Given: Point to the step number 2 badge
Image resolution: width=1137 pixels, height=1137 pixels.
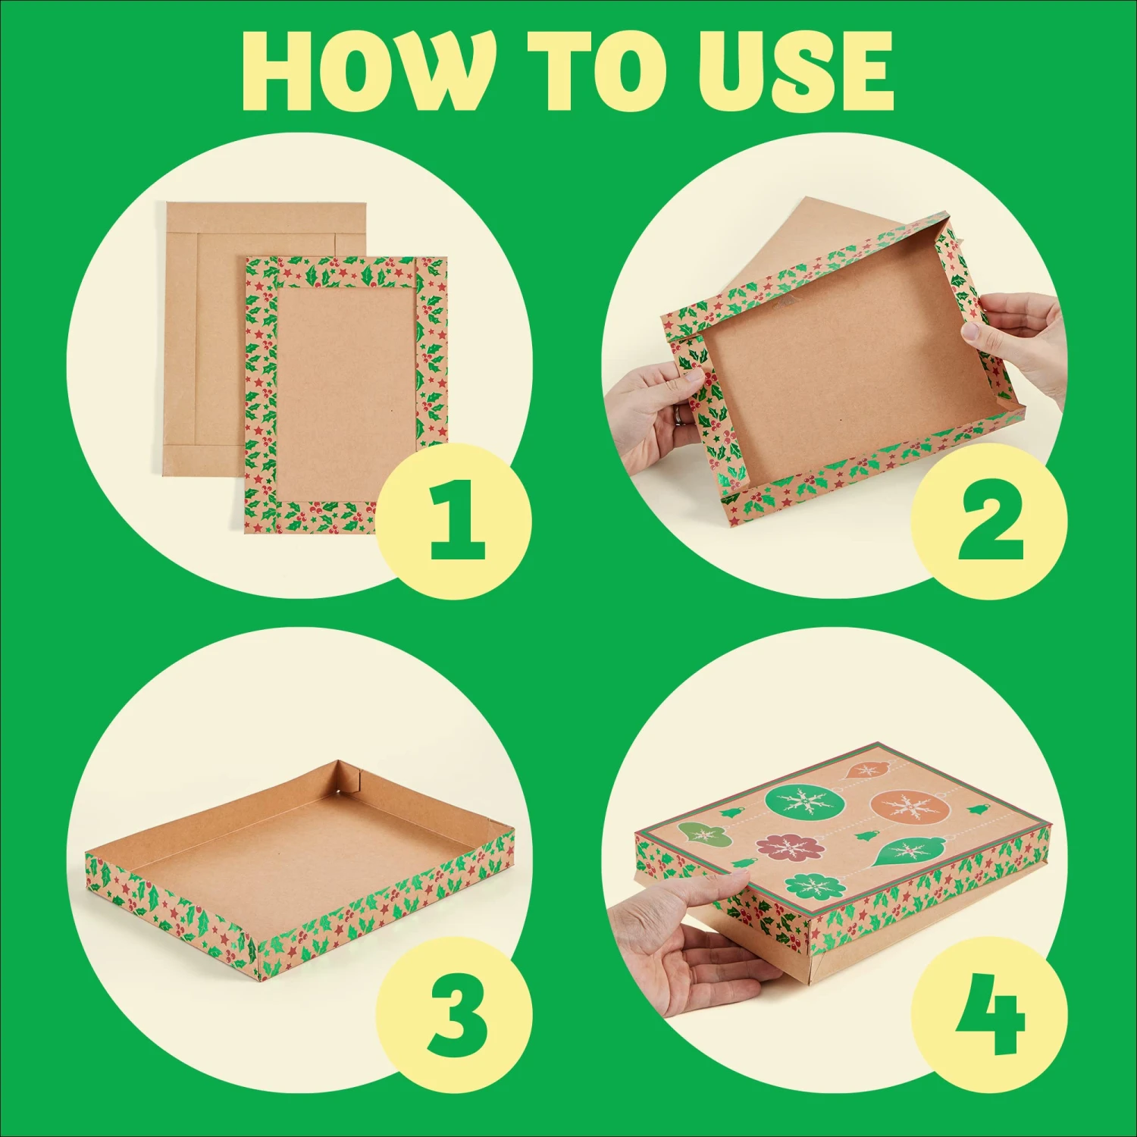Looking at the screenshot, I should (x=989, y=522).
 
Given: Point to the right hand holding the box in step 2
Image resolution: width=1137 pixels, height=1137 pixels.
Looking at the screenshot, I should (x=1016, y=341).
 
